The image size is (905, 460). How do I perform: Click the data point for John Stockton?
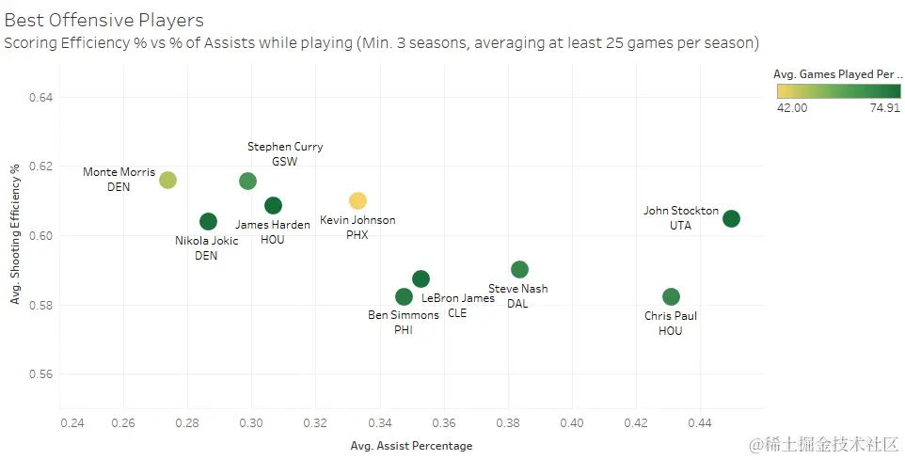(x=731, y=219)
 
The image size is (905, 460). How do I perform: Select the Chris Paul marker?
(x=671, y=297)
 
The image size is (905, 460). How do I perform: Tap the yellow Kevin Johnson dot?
(x=357, y=200)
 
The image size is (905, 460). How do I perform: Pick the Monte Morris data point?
(x=167, y=180)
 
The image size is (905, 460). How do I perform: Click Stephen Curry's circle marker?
(x=247, y=181)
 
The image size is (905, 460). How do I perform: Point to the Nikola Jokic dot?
(x=209, y=221)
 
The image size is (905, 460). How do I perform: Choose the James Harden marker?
(x=273, y=205)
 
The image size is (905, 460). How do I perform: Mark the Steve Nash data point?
(x=519, y=270)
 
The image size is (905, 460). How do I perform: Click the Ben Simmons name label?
(x=404, y=315)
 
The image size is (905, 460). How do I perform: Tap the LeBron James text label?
(x=458, y=298)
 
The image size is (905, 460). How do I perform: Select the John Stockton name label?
(x=681, y=211)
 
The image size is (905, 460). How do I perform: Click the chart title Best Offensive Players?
(x=104, y=20)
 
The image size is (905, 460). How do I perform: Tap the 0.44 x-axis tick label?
(x=700, y=423)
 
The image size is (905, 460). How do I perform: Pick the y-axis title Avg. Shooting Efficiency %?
(x=15, y=235)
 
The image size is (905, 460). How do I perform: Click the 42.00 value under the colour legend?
(x=791, y=108)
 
